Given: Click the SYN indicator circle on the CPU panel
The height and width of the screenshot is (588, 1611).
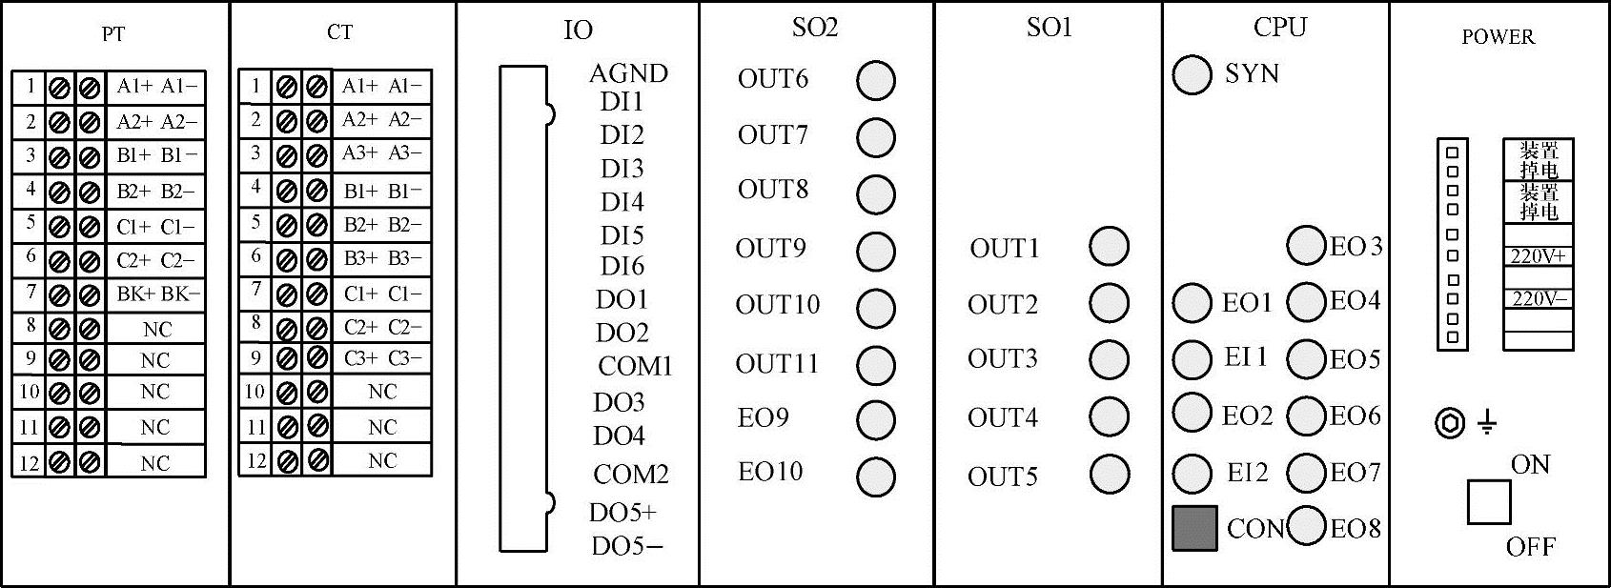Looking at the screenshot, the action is coord(1192,75).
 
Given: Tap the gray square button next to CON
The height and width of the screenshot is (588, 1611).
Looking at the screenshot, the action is coord(1194,528).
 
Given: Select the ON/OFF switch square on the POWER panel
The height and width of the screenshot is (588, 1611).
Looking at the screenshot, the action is coord(1489,502).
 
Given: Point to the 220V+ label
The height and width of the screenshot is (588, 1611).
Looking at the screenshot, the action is coord(1539,256).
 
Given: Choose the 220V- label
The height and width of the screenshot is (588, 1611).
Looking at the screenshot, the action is coord(1539,298).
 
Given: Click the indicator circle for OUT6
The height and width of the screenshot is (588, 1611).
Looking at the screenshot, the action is coord(876,81).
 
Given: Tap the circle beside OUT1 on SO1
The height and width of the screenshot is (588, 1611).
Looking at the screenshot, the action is coord(1109,247).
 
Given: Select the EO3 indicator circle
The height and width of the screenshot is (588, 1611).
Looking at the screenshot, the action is coord(1306,245).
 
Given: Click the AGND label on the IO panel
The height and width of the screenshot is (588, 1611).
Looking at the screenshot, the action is coord(628,73).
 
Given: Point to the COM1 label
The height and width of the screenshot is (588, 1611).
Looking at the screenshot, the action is coord(635,366).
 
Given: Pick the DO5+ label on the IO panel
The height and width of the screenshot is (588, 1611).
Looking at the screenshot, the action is coord(622,513).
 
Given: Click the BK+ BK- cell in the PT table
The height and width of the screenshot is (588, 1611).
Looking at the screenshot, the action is coord(157,294).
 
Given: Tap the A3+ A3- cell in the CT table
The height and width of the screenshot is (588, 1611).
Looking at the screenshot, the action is coord(381,153).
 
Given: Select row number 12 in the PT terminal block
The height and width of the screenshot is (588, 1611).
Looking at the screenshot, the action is coord(30,463).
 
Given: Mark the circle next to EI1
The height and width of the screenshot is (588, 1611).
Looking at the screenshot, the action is coord(1192,359).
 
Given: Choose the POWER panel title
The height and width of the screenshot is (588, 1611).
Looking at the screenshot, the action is coord(1498,37).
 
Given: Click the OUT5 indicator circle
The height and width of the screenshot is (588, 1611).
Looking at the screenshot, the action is coord(1109,474).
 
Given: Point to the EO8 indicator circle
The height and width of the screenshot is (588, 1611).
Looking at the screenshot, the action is coord(1306,526).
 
